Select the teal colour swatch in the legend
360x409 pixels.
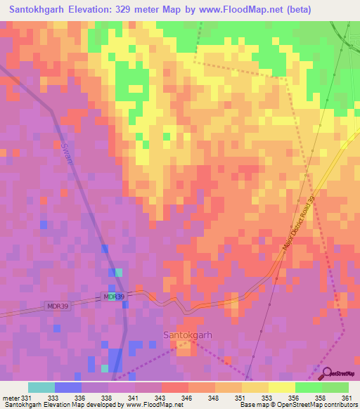pos(41,387)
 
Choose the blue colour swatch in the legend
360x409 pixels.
pos(68,387)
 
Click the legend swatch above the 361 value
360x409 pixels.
pos(335,387)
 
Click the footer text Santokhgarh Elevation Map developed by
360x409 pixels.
pos(51,405)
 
